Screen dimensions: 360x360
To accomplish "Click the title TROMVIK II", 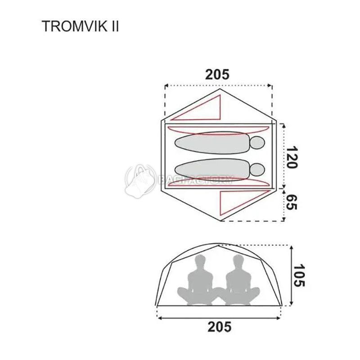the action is [x=80, y=26].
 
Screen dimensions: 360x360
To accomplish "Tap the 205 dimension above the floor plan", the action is [x=217, y=75].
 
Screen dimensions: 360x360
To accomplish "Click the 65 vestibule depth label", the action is [x=292, y=202].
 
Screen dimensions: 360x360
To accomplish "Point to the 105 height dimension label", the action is [x=299, y=275].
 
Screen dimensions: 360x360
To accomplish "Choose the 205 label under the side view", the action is [x=219, y=327].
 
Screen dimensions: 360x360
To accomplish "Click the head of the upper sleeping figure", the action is [x=257, y=143].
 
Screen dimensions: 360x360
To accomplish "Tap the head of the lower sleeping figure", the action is [x=257, y=170].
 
